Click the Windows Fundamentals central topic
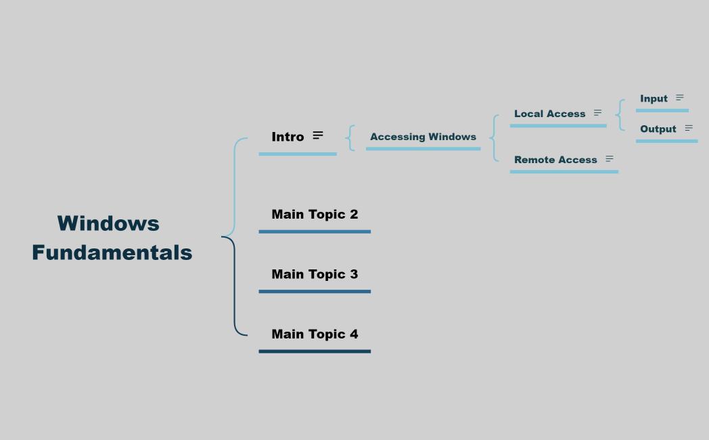pos(112,238)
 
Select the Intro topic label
pos(288,137)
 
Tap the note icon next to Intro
pos(318,135)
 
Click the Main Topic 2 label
pos(315,215)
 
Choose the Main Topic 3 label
pos(315,274)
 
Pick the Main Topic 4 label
pos(315,334)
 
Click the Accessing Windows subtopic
pos(423,137)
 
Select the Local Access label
pos(549,114)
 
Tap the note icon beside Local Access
pos(597,113)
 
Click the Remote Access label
pos(555,160)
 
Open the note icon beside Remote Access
pos(610,159)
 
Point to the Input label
pos(654,99)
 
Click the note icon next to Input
pos(680,98)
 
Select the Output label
pos(658,129)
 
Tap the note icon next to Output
pos(689,128)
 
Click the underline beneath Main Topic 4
pos(315,351)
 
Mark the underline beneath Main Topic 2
pos(315,232)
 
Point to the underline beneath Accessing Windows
pos(423,148)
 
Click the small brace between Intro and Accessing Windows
pos(350,137)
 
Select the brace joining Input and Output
pos(620,114)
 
